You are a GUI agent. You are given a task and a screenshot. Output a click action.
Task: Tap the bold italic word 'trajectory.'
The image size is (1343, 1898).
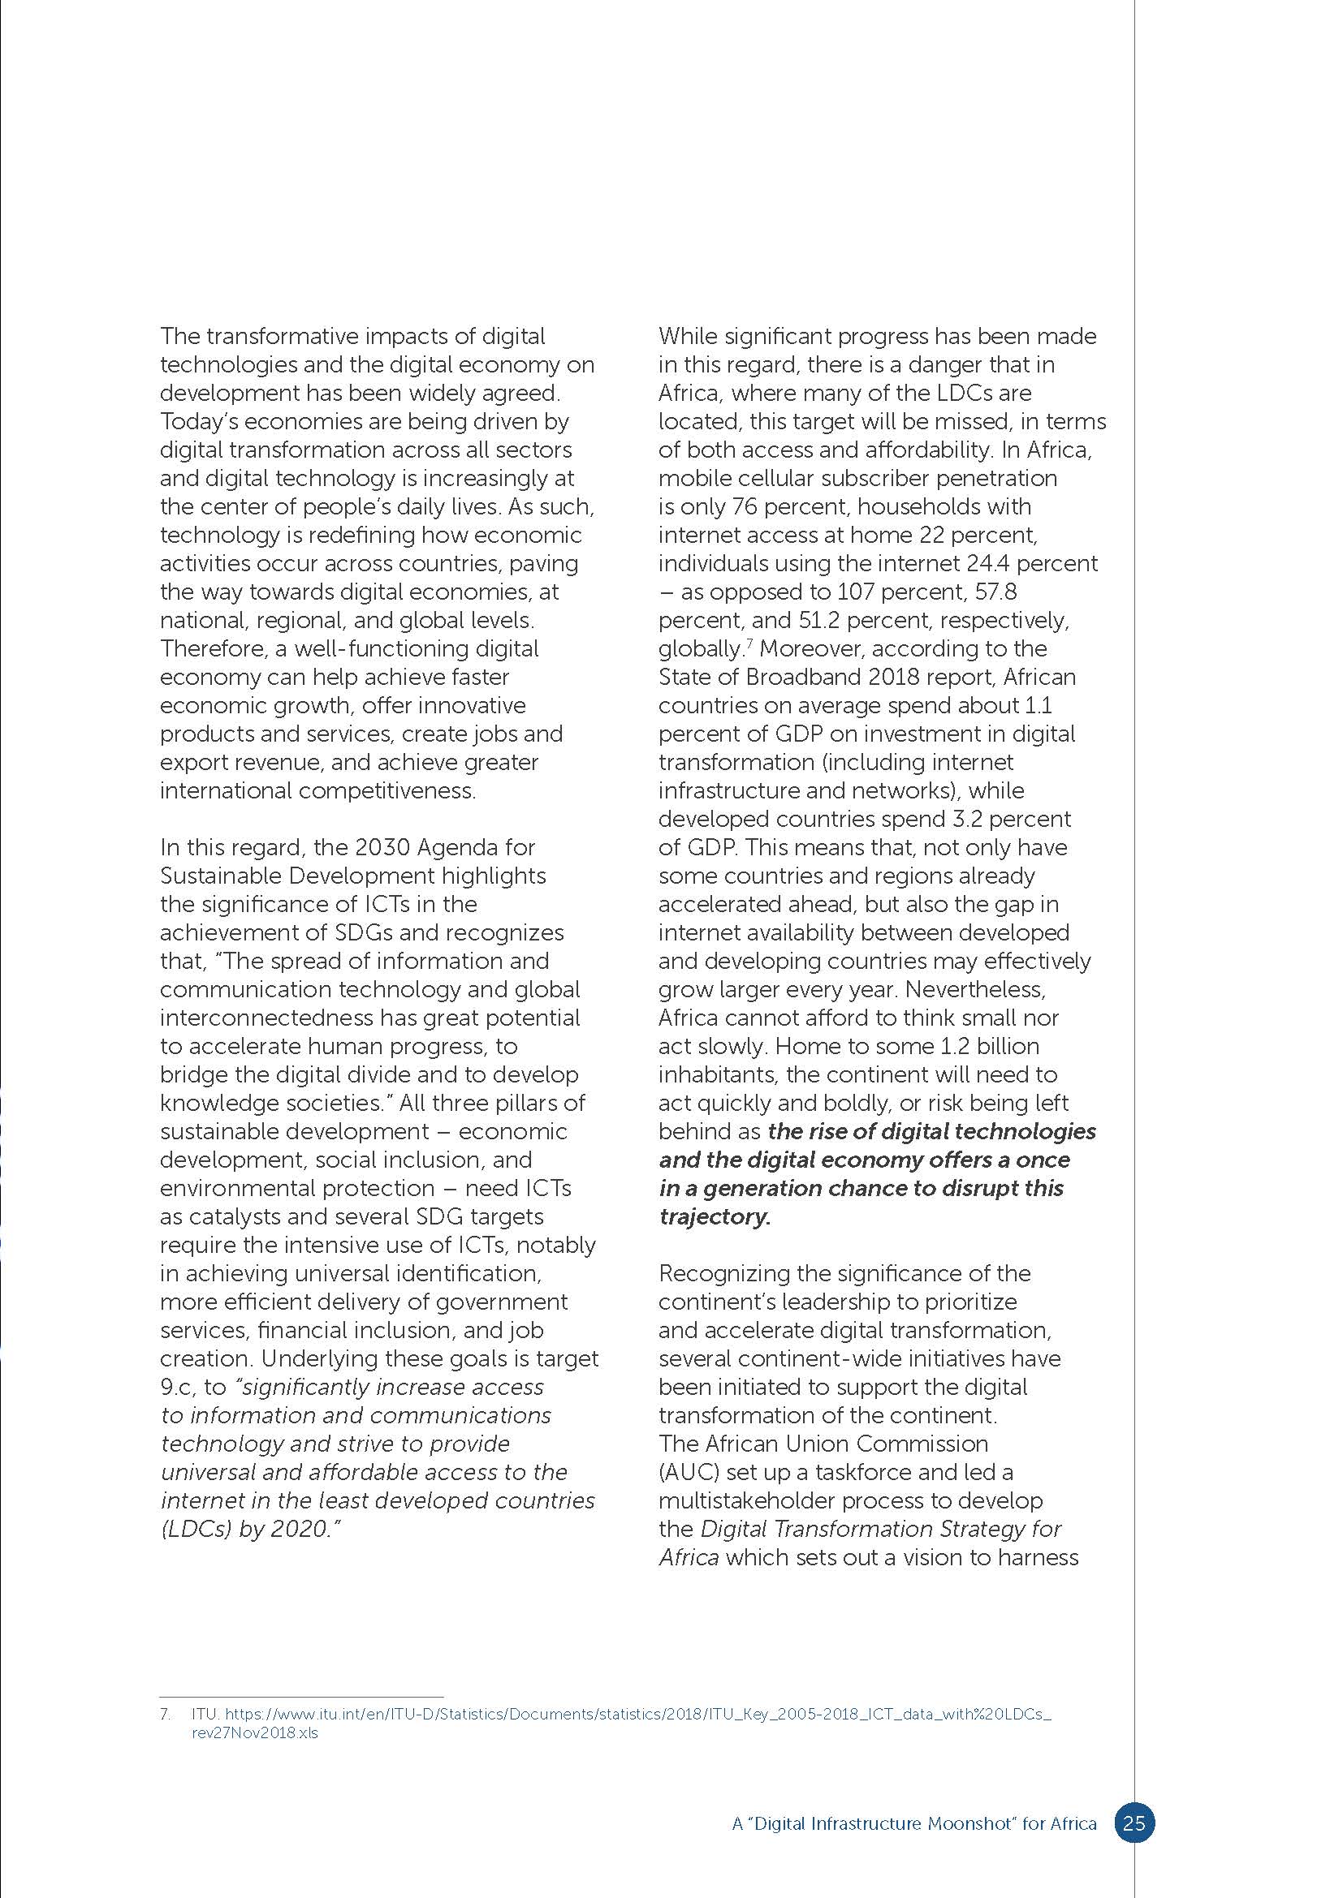[x=715, y=1217]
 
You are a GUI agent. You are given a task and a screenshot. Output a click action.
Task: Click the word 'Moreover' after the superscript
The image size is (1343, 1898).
[x=810, y=649]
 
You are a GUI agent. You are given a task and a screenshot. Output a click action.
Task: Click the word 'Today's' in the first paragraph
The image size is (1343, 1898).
[x=198, y=422]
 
